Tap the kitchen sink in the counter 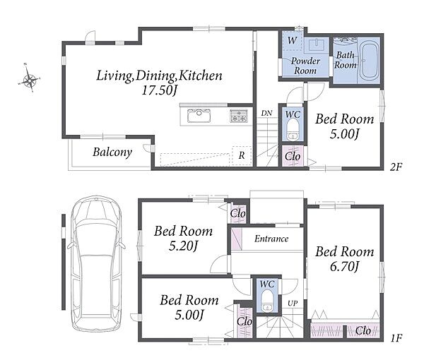[x=199, y=116]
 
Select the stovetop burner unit [x=239, y=116]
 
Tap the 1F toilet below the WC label [x=267, y=301]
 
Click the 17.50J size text [x=160, y=90]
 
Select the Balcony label [x=112, y=152]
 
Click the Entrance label [x=271, y=239]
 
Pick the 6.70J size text [x=344, y=267]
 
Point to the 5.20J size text [x=183, y=246]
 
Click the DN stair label [x=266, y=113]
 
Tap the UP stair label [x=293, y=304]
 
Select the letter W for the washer [x=292, y=40]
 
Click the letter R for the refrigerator [x=242, y=155]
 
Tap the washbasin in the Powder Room [x=317, y=45]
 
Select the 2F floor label [x=396, y=167]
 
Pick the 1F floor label [x=396, y=338]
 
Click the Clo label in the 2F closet [x=293, y=157]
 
